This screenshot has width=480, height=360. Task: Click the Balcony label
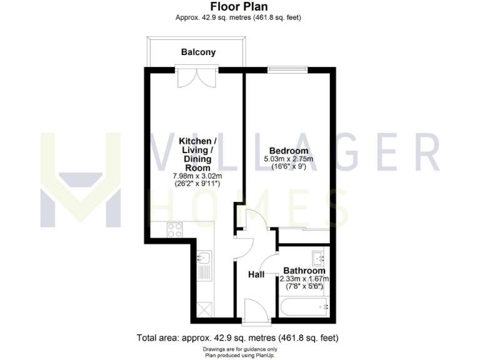pos(198,52)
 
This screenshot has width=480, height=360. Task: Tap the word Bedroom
pos(288,151)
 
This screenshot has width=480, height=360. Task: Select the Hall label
pos(256,274)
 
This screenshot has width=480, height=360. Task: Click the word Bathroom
pos(304,271)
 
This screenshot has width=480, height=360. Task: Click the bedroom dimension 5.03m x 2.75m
pos(288,159)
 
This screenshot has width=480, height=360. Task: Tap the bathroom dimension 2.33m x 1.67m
pos(304,279)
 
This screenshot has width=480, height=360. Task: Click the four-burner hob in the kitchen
pos(175,230)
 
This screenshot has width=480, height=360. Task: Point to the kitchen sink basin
pos(204,257)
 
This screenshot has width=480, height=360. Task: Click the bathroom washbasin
pos(319,256)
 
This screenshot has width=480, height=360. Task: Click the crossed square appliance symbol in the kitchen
pos(204,308)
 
